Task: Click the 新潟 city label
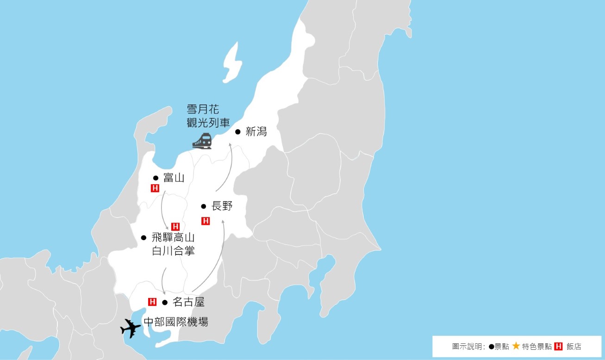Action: click(256, 132)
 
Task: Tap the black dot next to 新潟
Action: click(238, 132)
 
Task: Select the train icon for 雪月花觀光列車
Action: click(202, 141)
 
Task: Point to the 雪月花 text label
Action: click(203, 110)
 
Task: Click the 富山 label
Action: click(174, 178)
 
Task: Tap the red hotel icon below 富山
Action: click(155, 188)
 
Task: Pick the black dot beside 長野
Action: click(203, 206)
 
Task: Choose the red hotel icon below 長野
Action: click(206, 221)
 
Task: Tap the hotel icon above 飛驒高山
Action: click(175, 227)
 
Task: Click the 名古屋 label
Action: click(188, 303)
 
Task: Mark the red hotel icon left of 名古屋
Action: click(152, 302)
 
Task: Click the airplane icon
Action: click(131, 329)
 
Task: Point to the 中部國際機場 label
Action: click(176, 322)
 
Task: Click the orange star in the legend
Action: click(516, 346)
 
